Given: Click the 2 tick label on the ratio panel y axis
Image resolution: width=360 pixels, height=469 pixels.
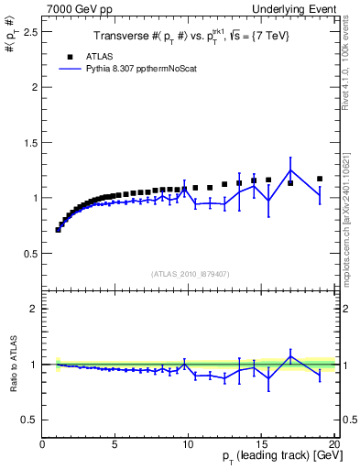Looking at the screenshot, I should [x=33, y=309].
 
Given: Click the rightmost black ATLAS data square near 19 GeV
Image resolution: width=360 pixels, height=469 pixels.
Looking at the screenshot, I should [x=320, y=179].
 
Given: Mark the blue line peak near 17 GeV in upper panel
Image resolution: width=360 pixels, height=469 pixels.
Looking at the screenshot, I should [x=290, y=169].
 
